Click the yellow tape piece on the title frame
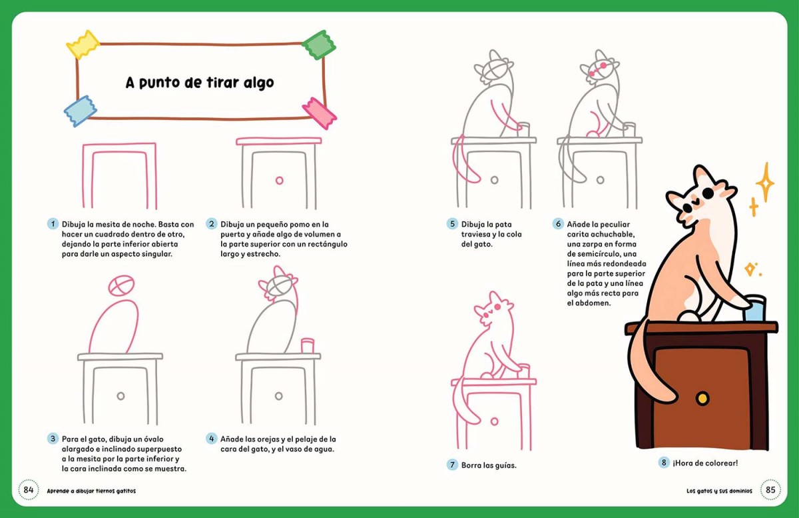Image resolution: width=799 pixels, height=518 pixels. click(x=83, y=44)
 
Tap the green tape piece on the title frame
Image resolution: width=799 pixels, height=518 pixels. click(x=318, y=45)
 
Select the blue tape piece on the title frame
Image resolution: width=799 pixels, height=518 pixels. click(x=81, y=111)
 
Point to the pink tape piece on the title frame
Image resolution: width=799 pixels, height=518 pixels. click(x=319, y=113)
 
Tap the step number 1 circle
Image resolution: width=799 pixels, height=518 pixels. click(x=53, y=224)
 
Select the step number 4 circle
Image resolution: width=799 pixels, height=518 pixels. click(x=212, y=439)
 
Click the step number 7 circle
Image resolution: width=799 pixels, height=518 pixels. click(x=452, y=465)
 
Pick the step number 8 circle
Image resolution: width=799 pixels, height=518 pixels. click(x=663, y=463)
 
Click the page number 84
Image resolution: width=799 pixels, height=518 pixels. click(x=29, y=490)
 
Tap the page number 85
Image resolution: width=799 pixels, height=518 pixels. click(x=770, y=490)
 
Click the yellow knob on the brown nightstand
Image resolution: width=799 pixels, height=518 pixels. click(x=702, y=398)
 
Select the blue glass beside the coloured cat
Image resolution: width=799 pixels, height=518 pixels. click(x=754, y=308)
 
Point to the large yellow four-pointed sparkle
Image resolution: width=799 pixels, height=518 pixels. click(x=765, y=183)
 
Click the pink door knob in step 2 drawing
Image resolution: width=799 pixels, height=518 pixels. click(x=280, y=181)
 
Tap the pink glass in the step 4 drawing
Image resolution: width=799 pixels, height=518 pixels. click(x=308, y=345)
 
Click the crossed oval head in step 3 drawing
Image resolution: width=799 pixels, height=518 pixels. click(x=121, y=285)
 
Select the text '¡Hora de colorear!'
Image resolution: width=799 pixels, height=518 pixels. click(x=705, y=463)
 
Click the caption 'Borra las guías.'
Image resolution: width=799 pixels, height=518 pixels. click(x=489, y=465)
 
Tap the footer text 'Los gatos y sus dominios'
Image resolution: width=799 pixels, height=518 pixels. click(x=719, y=491)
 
